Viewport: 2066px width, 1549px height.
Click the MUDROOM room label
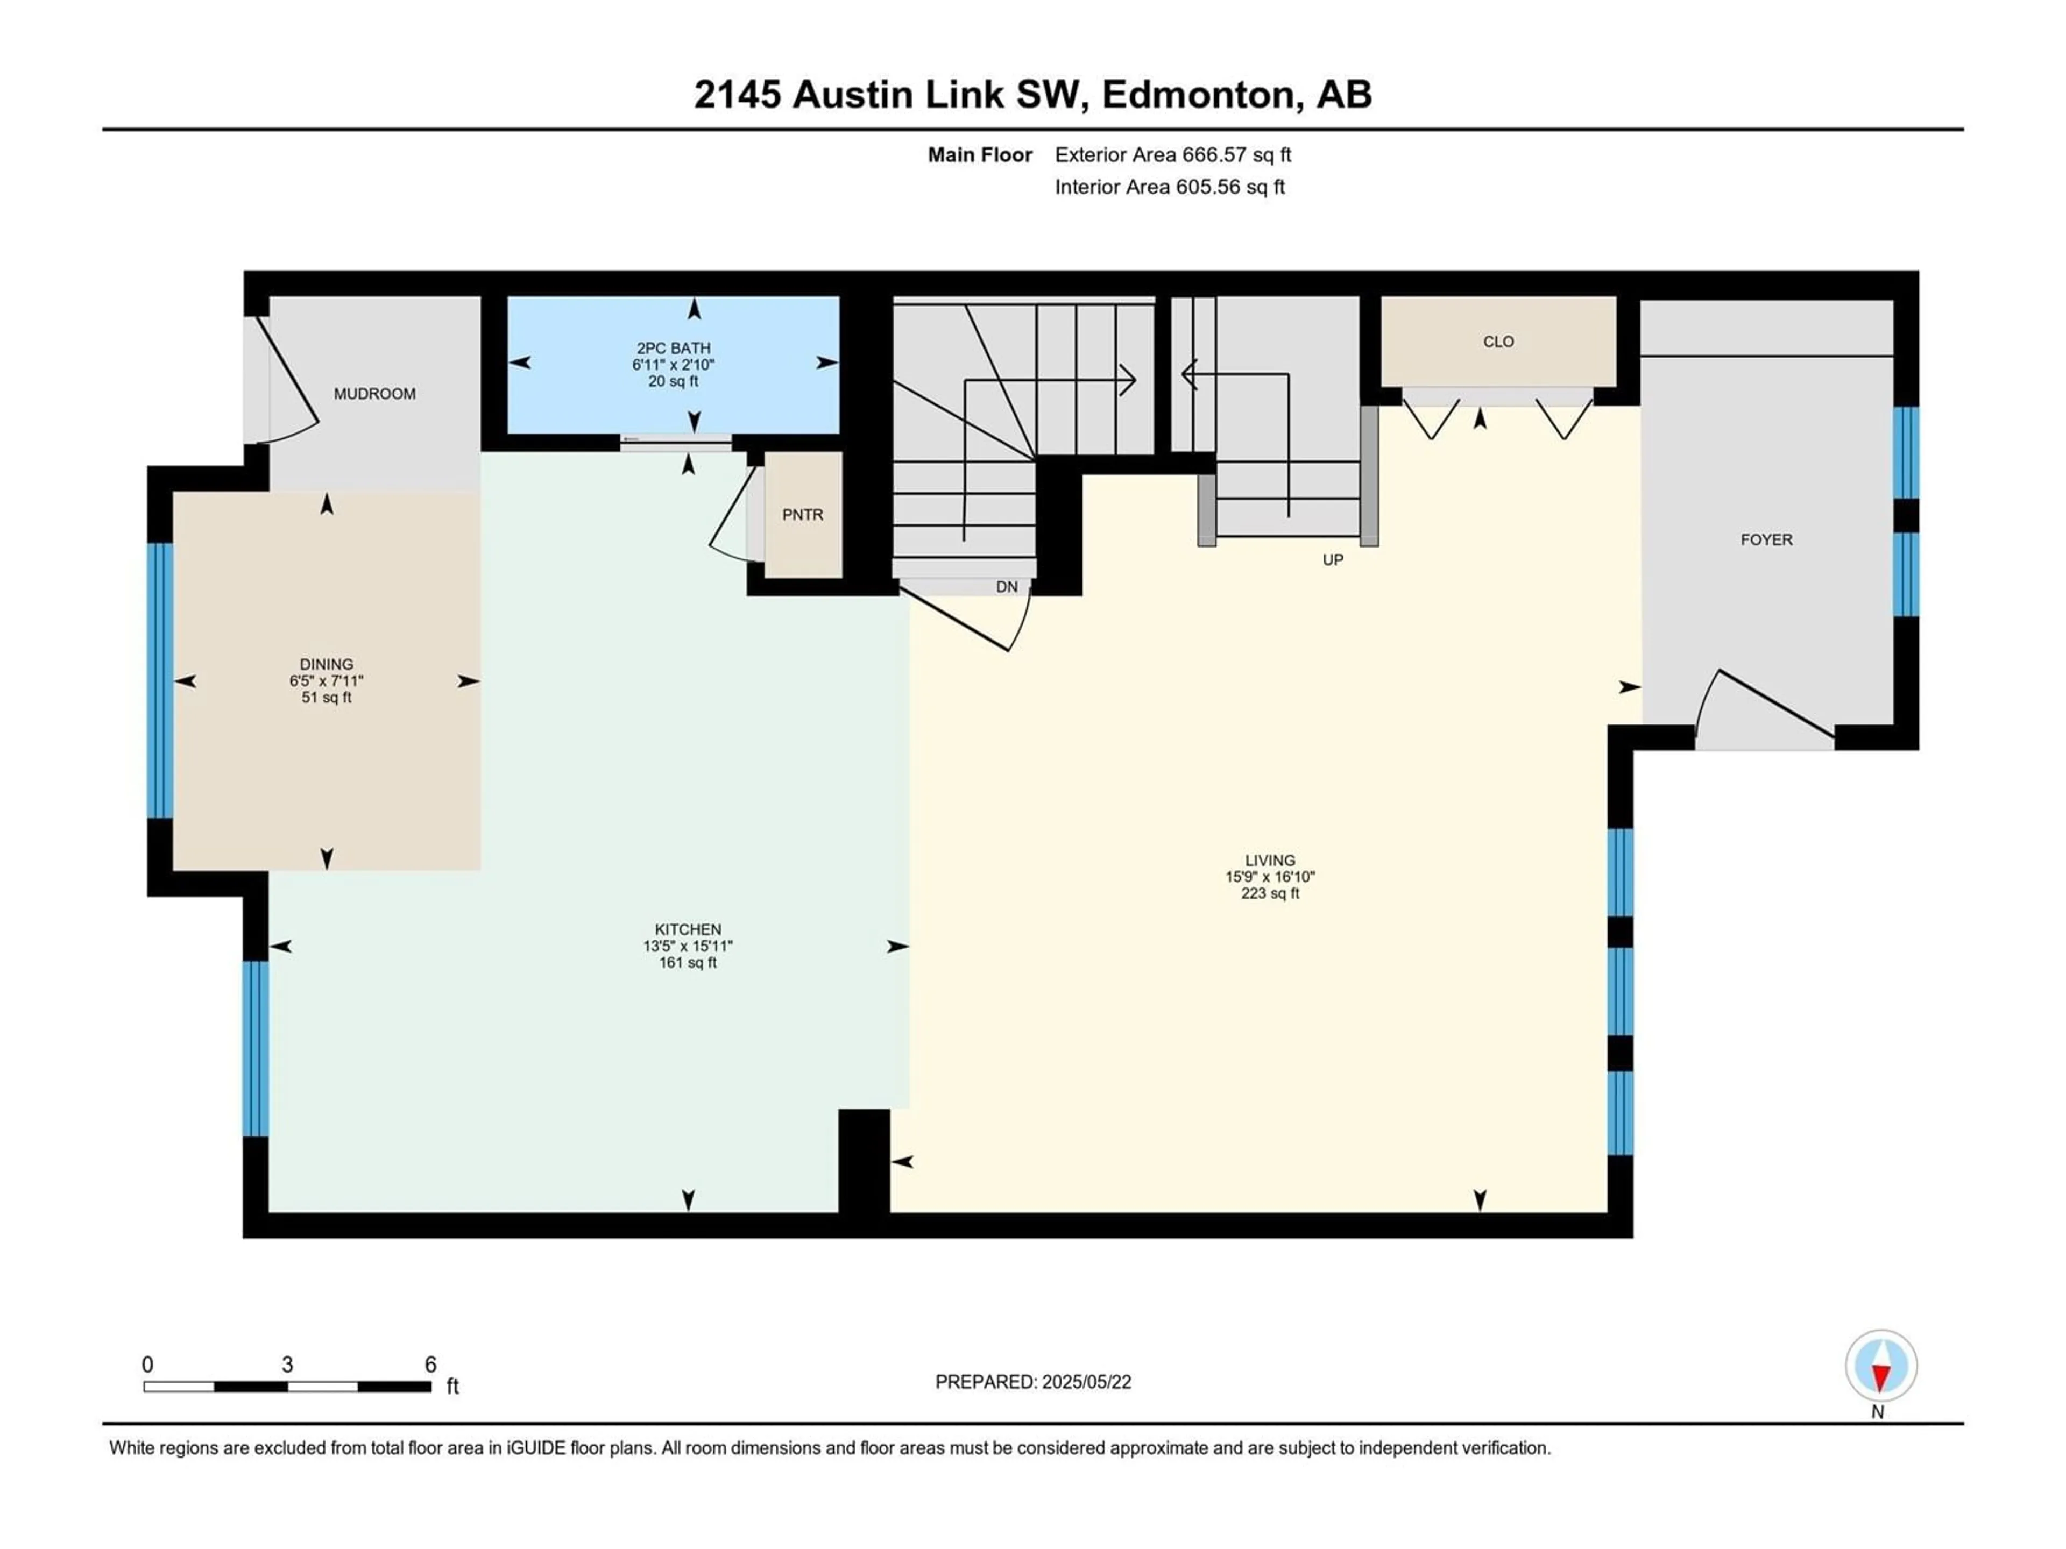(374, 394)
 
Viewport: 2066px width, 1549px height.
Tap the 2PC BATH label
(674, 349)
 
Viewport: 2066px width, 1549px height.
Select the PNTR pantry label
(802, 515)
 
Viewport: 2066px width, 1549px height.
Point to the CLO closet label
(1498, 342)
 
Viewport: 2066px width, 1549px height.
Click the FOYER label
(1766, 539)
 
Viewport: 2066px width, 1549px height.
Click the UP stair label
(1333, 560)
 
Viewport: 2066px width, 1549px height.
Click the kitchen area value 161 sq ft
(688, 963)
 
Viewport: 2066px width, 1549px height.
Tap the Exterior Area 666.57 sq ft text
(1173, 155)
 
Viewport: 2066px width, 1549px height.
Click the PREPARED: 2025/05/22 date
(1033, 1382)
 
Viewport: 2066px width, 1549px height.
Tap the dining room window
(161, 681)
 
